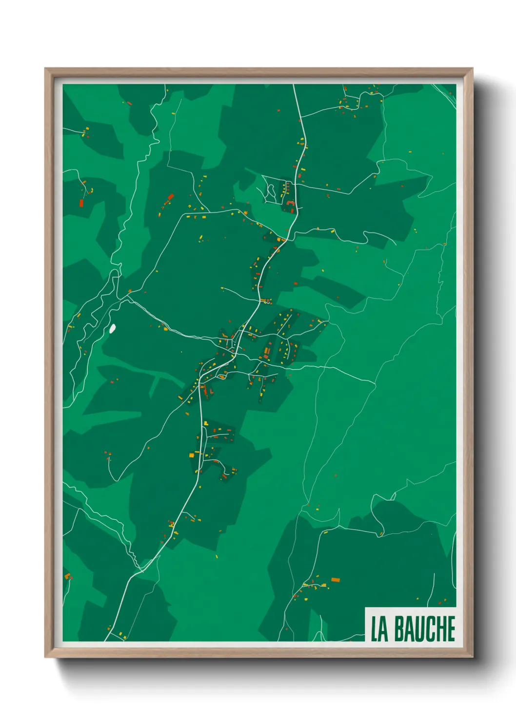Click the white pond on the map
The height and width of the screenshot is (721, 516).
(x=113, y=329)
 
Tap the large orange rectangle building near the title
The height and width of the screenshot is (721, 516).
(x=335, y=580)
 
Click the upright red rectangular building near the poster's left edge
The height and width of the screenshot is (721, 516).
(x=81, y=203)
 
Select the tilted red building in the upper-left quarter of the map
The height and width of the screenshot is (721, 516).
(x=171, y=197)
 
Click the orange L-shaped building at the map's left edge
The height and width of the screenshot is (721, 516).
(x=67, y=576)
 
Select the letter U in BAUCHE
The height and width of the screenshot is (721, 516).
(x=419, y=628)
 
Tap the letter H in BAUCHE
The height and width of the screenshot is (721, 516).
(x=440, y=628)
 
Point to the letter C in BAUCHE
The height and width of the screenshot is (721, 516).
(x=430, y=628)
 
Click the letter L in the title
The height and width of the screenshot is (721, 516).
(x=375, y=628)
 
